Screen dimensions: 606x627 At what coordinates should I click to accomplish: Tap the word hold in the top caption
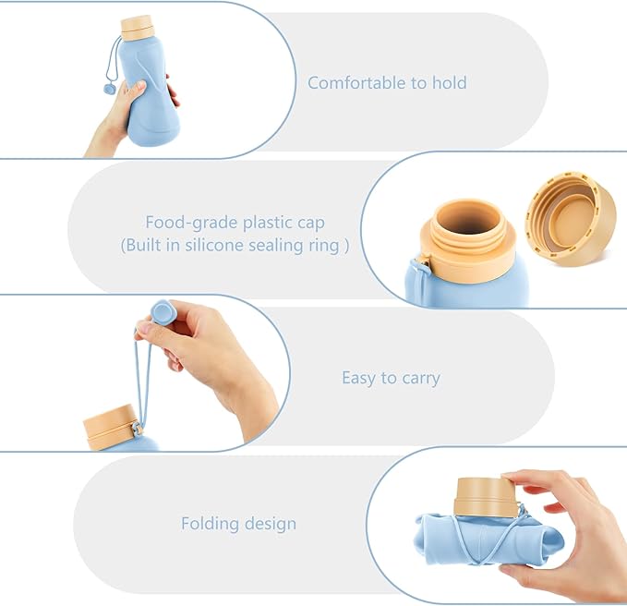point(448,83)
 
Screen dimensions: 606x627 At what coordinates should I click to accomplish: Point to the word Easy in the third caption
point(359,378)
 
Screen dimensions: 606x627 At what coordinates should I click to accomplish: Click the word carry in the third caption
point(420,379)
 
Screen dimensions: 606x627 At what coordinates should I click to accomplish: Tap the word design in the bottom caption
point(271,524)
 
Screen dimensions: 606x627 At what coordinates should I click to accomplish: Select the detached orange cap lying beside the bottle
point(571,218)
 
